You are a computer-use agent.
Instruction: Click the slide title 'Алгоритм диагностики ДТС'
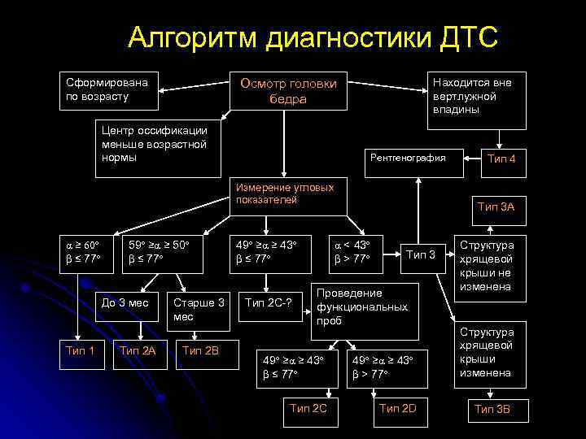click(x=313, y=37)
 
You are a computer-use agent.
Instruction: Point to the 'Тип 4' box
click(x=501, y=159)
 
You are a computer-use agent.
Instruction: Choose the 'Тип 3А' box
click(x=496, y=207)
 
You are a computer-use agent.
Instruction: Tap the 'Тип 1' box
click(x=79, y=350)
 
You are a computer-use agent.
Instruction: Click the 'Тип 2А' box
click(x=137, y=350)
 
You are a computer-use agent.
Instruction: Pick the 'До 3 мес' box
click(x=125, y=302)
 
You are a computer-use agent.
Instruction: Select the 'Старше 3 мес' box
click(x=199, y=309)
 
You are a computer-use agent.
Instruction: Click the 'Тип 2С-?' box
click(x=273, y=303)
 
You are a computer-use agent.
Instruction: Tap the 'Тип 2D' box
click(x=398, y=408)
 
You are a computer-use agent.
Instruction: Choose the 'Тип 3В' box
click(x=492, y=409)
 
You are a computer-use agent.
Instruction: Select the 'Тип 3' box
click(x=421, y=255)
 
